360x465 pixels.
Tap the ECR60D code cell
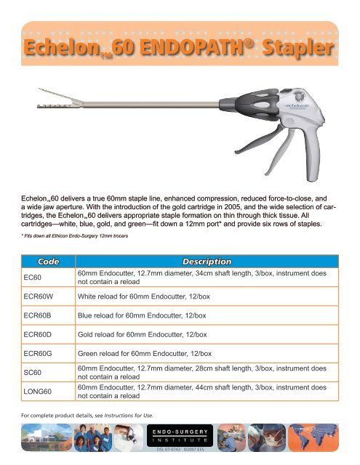tap(41, 334)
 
